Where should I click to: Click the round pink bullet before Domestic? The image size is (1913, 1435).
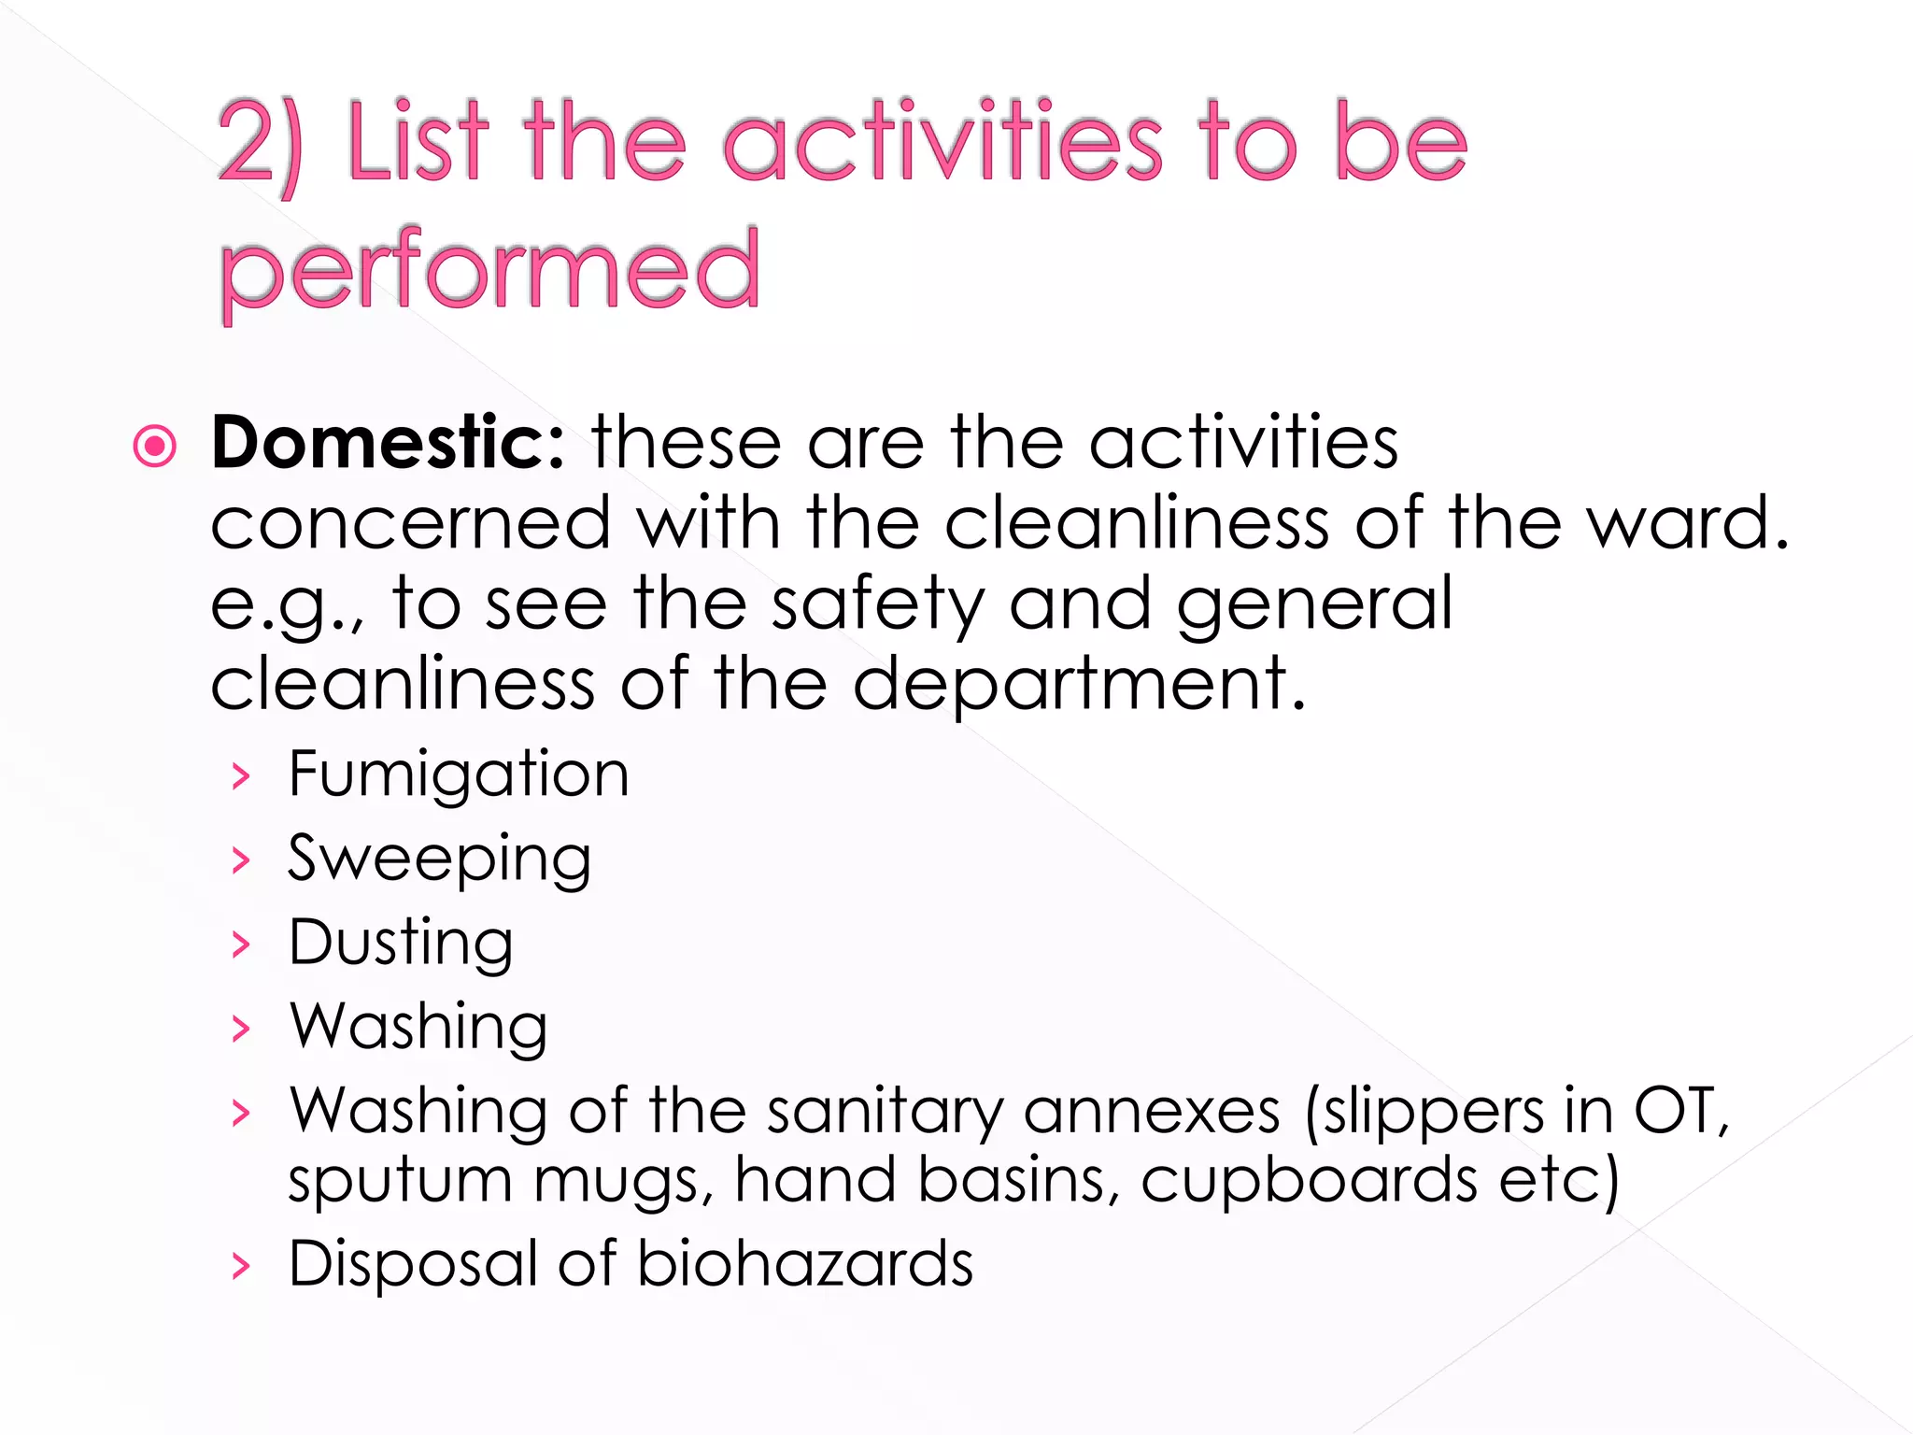tap(155, 446)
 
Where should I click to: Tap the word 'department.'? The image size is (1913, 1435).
tap(1079, 686)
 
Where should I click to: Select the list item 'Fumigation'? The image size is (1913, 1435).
tap(459, 774)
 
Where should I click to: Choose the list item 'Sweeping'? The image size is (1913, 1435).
tap(439, 859)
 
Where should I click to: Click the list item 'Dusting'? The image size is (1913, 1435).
tap(401, 943)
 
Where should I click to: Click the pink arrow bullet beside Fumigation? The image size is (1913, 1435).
tap(242, 776)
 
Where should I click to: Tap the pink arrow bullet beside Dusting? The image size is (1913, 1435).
tap(242, 945)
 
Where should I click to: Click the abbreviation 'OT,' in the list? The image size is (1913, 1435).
tap(1681, 1112)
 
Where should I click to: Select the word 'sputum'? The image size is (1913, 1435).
tap(400, 1182)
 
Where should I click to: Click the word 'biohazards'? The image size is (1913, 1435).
tap(805, 1264)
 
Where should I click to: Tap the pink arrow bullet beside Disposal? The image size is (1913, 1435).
tap(242, 1267)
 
